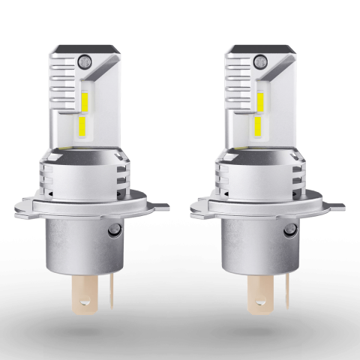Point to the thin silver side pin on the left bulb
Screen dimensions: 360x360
[102, 296]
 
